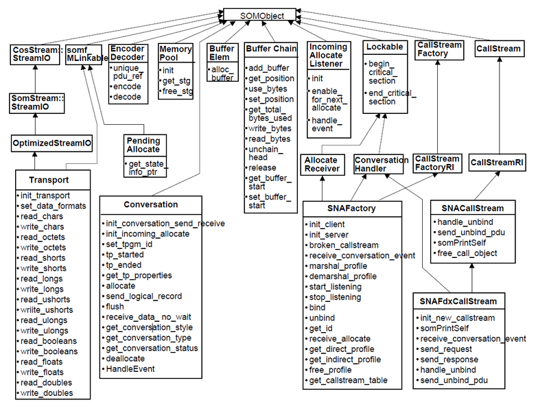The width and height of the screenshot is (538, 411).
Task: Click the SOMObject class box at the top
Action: point(259,15)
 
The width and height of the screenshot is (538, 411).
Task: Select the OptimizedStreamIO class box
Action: point(52,143)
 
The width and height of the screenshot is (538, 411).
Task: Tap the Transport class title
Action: point(49,180)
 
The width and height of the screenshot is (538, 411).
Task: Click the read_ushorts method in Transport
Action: point(45,299)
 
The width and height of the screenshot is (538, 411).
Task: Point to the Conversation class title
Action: point(151,204)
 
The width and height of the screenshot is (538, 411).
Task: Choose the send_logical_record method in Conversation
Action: point(144,296)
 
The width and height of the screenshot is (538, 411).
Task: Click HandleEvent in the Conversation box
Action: point(130,369)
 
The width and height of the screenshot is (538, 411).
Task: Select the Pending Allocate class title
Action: point(143,145)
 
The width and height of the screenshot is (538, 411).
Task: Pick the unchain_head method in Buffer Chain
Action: point(266,154)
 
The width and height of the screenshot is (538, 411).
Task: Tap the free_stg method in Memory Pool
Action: point(177,91)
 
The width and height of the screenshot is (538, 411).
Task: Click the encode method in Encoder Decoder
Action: point(127,86)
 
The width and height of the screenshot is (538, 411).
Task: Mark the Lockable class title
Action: point(384,47)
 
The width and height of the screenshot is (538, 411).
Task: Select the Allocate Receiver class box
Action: point(323,165)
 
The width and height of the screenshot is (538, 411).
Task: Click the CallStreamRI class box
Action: point(497,162)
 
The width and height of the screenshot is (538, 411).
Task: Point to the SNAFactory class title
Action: point(351,209)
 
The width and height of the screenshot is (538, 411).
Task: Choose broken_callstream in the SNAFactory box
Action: point(344,246)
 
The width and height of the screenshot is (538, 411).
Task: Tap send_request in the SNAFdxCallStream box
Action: point(446,349)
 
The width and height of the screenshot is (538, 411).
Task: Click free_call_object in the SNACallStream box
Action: point(467,253)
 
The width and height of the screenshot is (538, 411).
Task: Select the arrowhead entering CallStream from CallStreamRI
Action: point(500,59)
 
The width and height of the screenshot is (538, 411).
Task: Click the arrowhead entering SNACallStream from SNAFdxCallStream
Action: point(472,266)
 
